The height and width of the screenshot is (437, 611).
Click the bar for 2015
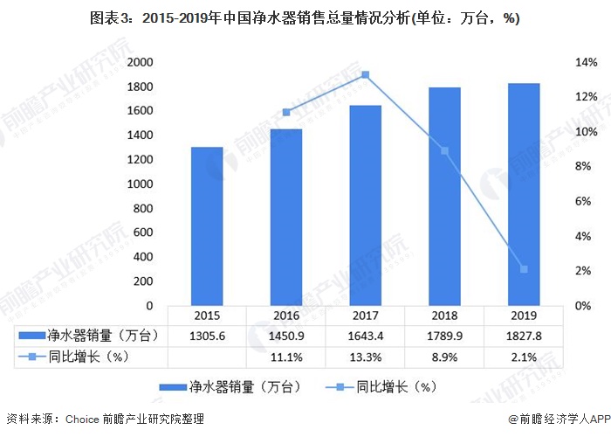[207, 226]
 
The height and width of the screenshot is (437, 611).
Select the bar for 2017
[365, 205]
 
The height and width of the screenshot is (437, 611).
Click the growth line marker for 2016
[286, 112]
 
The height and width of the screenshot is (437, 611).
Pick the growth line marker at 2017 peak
[365, 74]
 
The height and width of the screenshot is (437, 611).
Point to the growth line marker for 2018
[444, 150]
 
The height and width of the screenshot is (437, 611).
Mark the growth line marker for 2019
[524, 269]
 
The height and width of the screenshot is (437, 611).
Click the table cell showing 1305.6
[207, 336]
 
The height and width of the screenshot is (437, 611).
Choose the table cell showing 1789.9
[444, 336]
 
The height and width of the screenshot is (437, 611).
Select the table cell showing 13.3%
[365, 357]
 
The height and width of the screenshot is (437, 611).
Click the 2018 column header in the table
[444, 316]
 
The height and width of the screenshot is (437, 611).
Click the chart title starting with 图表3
[305, 19]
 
